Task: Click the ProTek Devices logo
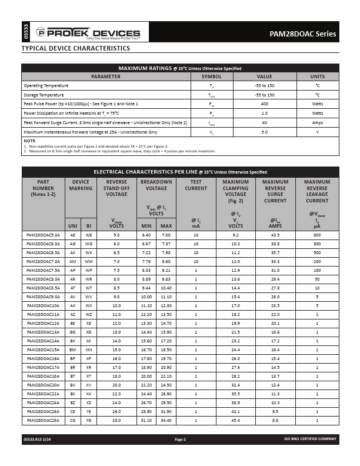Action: [88, 33]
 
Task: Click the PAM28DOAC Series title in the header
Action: [304, 34]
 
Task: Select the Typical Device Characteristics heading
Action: [75, 48]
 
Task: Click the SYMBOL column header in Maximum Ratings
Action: [212, 76]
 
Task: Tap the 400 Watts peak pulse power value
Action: [264, 104]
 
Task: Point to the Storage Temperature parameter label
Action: [44, 95]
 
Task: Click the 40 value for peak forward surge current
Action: [264, 122]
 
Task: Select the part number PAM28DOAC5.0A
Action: [43, 235]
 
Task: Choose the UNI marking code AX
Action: [72, 307]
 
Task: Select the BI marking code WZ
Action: [89, 315]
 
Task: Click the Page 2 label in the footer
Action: [180, 440]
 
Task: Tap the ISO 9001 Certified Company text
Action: [310, 440]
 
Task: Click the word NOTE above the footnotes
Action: [29, 141]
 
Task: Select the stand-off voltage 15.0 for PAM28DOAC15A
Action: [116, 351]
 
